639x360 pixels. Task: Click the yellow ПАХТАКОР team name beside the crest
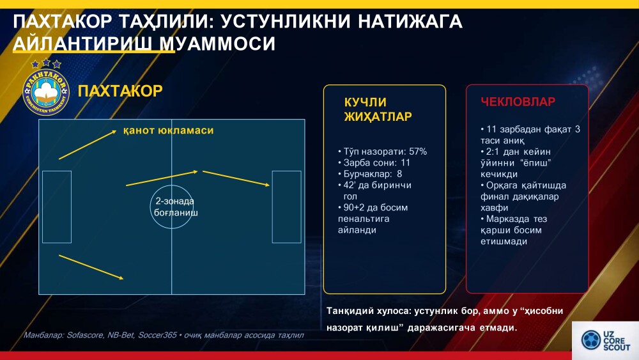tap(120, 91)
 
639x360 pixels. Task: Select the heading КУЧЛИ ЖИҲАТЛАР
tap(378, 109)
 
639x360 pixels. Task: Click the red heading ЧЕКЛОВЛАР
tap(518, 102)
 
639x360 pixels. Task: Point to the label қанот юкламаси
tap(168, 130)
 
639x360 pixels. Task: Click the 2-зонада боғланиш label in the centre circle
tap(175, 207)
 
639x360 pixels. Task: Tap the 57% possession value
tap(418, 152)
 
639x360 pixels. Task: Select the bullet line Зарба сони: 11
tap(374, 162)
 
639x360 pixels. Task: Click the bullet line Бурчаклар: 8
tap(370, 174)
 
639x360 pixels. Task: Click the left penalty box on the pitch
tap(57, 207)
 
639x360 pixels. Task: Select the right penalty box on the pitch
tap(286, 207)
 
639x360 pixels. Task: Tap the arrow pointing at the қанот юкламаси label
tap(88, 145)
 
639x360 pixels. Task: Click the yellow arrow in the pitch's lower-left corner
tap(91, 267)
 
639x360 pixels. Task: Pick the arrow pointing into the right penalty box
tap(236, 178)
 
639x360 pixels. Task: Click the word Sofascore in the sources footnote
tap(85, 335)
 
